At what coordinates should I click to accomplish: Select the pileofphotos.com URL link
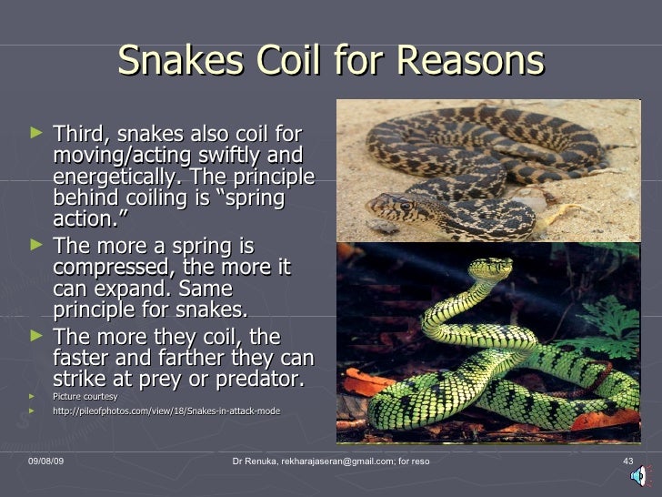pos(166,411)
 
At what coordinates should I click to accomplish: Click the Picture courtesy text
pos(85,397)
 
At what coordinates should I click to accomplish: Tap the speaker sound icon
pos(639,475)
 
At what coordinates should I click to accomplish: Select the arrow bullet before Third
pos(35,134)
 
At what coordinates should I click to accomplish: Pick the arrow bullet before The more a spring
pos(35,247)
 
